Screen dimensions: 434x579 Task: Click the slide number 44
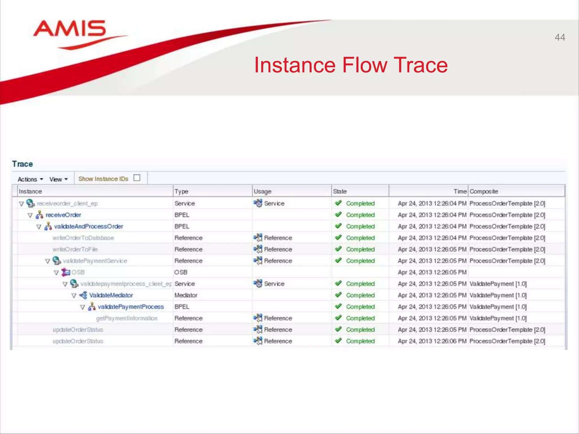(x=559, y=37)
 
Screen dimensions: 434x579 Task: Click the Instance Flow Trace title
(x=351, y=65)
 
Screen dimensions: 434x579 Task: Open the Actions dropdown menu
(x=30, y=179)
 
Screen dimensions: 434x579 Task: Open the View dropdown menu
(x=58, y=179)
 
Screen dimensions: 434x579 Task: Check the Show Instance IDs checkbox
(x=137, y=178)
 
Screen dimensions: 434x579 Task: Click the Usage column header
(x=262, y=191)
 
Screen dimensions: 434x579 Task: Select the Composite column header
(x=483, y=191)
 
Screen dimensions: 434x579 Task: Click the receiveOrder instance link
(x=63, y=215)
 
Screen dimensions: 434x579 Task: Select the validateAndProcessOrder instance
(x=88, y=226)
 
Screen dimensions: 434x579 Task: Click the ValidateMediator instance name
(x=111, y=295)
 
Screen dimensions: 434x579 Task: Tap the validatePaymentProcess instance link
(x=131, y=307)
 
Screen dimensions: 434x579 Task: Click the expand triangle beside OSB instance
(x=56, y=272)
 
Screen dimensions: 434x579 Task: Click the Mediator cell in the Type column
(x=186, y=295)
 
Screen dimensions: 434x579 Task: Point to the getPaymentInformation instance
(x=126, y=318)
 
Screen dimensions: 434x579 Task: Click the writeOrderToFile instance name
(x=75, y=249)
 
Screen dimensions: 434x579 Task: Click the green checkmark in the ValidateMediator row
(x=338, y=295)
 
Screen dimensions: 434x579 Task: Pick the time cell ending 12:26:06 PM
(x=432, y=341)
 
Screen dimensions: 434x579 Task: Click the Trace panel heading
(x=22, y=164)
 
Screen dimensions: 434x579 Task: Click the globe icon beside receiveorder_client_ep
(x=30, y=203)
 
